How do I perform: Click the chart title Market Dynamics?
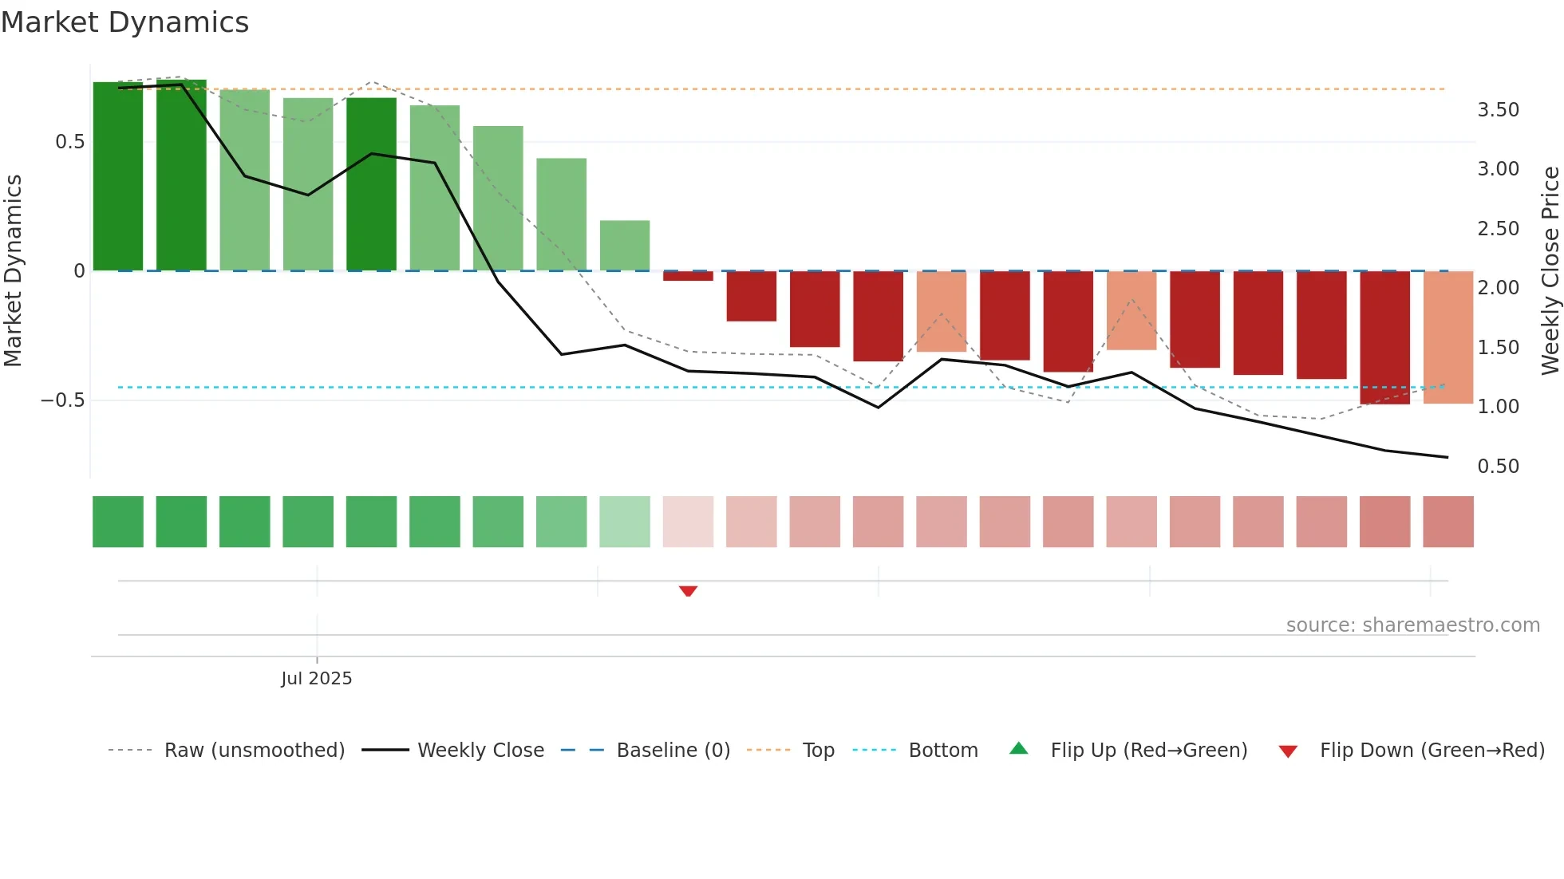click(x=124, y=22)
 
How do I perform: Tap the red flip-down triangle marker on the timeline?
click(x=688, y=591)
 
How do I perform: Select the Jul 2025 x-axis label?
click(x=316, y=679)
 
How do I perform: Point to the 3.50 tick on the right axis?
click(x=1498, y=110)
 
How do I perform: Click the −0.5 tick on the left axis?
click(x=63, y=400)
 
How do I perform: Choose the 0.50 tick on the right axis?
click(x=1498, y=467)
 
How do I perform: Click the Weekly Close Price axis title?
click(x=1550, y=270)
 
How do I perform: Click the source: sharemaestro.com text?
click(x=1412, y=625)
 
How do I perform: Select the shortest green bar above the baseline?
click(x=625, y=246)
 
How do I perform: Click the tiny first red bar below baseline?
click(x=688, y=276)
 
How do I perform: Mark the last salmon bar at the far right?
click(x=1447, y=337)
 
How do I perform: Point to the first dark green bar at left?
click(x=118, y=176)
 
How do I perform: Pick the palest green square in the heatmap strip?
click(x=625, y=522)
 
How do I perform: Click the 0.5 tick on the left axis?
click(x=69, y=142)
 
